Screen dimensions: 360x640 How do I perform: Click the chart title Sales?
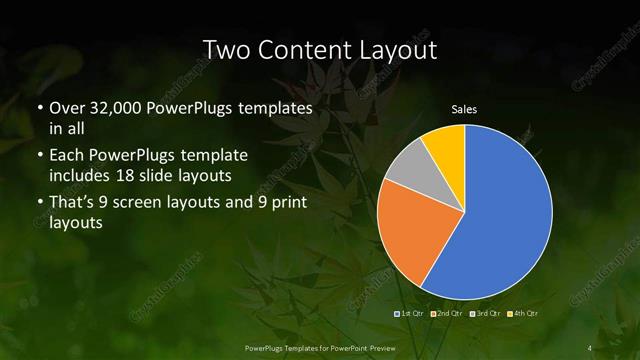[465, 110]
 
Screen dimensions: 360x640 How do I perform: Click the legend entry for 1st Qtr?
[411, 314]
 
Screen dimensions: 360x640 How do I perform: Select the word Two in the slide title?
[224, 49]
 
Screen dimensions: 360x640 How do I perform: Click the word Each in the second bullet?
[67, 157]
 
